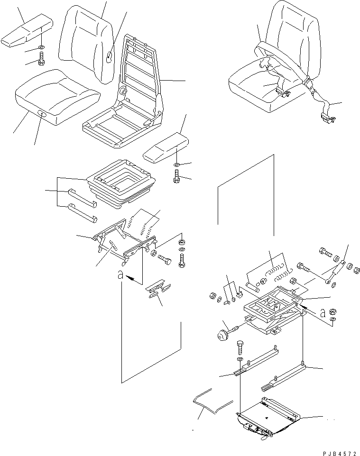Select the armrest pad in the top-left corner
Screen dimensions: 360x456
tap(27, 31)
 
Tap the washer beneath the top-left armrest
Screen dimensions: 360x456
tap(41, 47)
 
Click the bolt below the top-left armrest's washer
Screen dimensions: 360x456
tap(41, 59)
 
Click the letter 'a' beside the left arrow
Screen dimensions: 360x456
tap(120, 274)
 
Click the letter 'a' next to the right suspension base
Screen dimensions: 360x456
tap(323, 313)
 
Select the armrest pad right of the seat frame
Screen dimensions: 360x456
tap(166, 146)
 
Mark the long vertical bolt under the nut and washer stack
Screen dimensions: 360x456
tap(182, 260)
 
